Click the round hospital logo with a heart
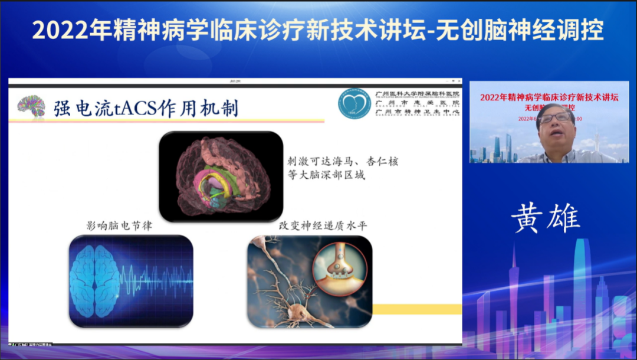[354, 104]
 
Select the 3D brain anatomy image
[221, 176]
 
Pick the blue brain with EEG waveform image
[131, 281]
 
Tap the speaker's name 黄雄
[546, 218]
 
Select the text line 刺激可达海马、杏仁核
[342, 161]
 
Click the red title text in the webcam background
[549, 97]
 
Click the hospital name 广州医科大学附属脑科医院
[418, 93]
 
